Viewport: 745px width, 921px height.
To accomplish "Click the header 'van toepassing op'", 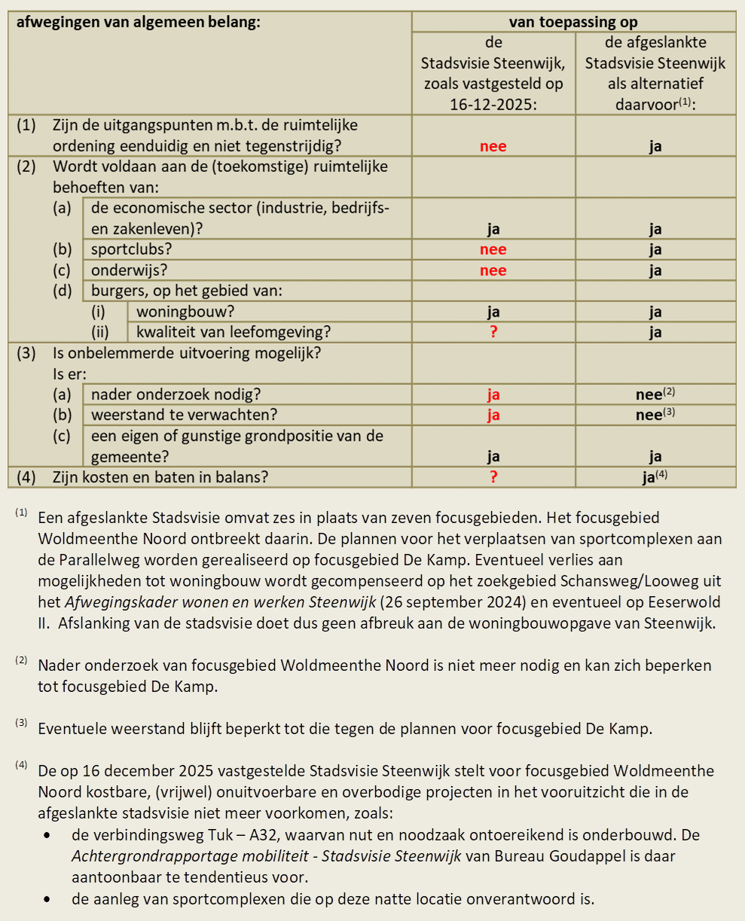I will coord(573,22).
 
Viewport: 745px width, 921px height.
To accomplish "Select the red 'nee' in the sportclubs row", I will coord(493,249).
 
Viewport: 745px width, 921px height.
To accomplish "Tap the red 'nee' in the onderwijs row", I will coord(493,271).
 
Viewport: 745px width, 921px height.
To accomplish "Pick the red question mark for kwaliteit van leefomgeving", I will coord(493,332).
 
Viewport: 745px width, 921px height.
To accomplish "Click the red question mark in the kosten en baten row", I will coord(493,477).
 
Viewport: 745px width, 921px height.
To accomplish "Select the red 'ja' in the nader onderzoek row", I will coord(493,394).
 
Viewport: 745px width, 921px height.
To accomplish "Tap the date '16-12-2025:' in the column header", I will coord(493,105).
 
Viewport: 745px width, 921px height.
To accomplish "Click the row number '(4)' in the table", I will coord(26,477).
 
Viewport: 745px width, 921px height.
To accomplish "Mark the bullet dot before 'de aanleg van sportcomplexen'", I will coord(49,899).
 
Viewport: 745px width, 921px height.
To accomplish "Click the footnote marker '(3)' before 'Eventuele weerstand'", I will coord(21,724).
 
